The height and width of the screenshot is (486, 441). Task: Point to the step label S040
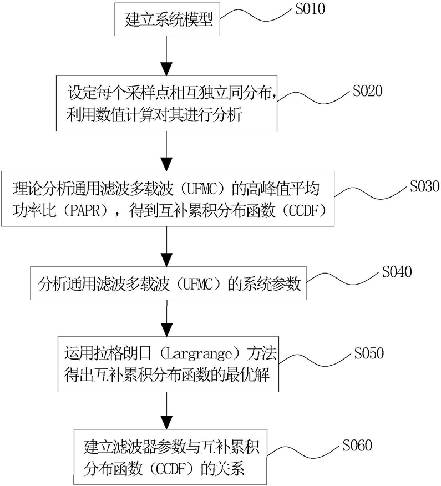click(400, 273)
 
